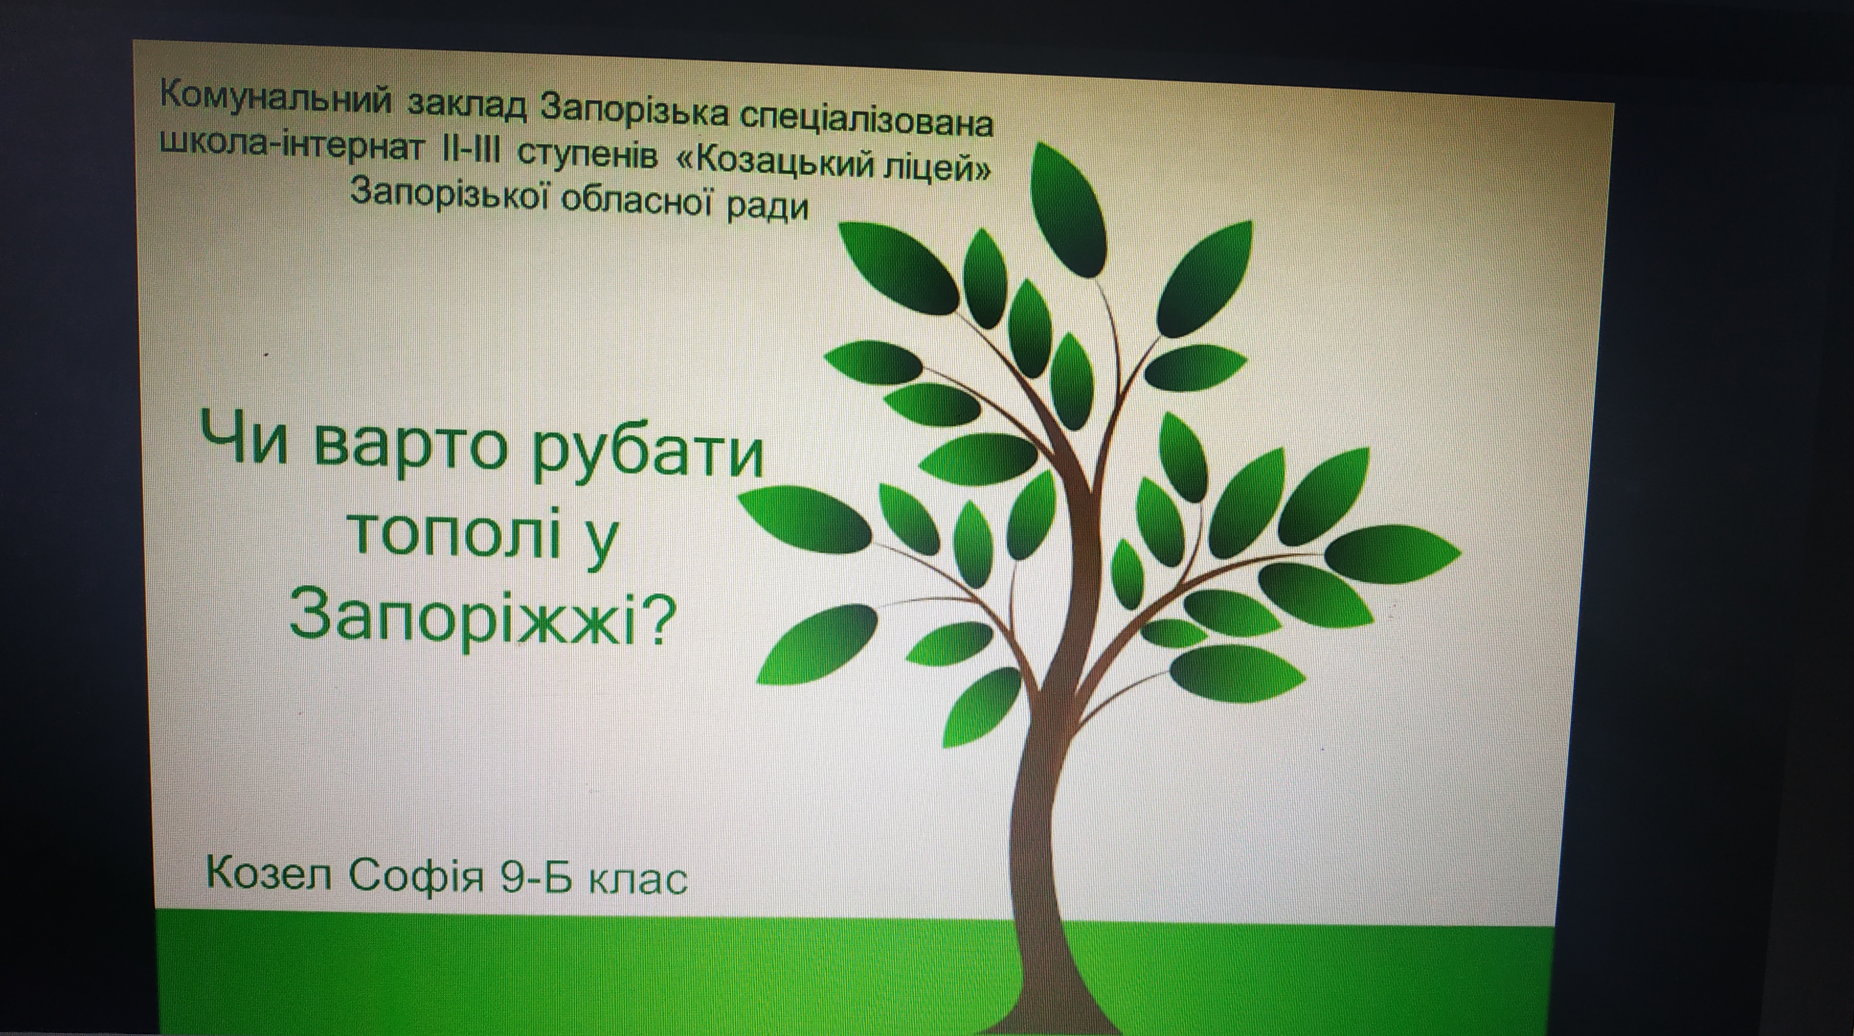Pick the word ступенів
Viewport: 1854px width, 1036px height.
[x=587, y=158]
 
